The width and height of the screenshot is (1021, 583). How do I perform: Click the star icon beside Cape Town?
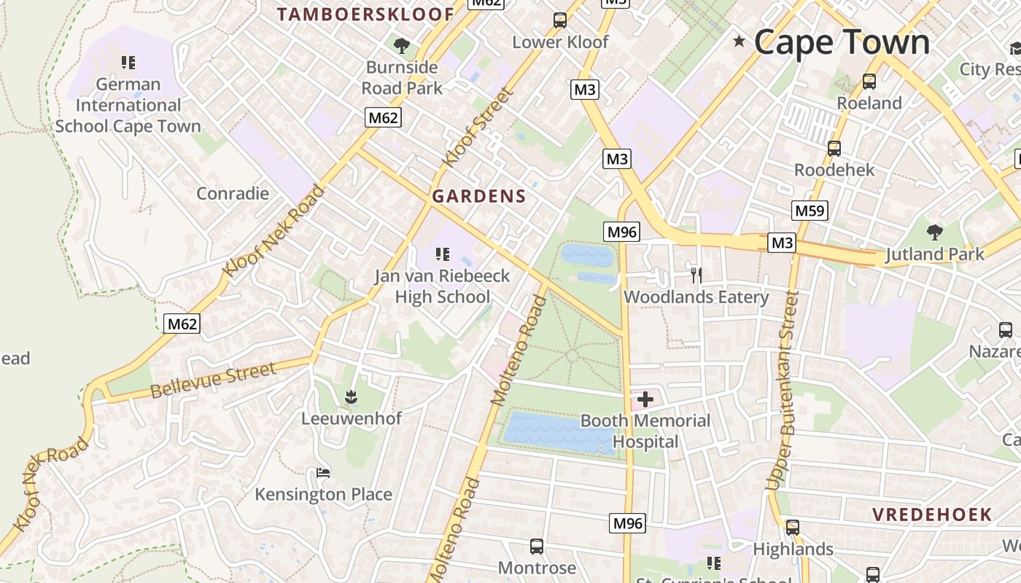(x=739, y=42)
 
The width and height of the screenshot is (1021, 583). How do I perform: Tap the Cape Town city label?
(x=842, y=42)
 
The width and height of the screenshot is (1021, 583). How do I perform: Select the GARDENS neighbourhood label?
(x=478, y=196)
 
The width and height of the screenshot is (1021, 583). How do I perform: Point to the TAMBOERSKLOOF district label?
(x=365, y=15)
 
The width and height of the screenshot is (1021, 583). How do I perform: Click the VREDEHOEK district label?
(x=932, y=514)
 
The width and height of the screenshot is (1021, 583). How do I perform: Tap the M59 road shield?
(x=810, y=211)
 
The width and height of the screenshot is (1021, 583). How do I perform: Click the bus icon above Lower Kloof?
(x=559, y=20)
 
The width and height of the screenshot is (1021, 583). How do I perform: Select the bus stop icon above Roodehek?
(x=834, y=149)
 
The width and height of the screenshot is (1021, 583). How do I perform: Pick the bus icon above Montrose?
(x=536, y=546)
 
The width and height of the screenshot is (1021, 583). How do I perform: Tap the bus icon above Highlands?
(x=793, y=527)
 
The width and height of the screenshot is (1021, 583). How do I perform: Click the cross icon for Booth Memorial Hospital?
(x=645, y=399)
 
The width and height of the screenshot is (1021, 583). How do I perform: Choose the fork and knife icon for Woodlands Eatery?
(x=696, y=275)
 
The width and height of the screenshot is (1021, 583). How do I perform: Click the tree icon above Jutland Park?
(x=934, y=232)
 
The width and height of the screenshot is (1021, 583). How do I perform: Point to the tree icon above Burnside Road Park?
(x=401, y=46)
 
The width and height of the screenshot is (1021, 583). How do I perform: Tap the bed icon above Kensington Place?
(x=323, y=473)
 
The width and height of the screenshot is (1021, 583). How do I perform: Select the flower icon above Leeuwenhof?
(x=351, y=397)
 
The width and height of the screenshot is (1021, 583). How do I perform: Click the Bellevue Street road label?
(x=213, y=380)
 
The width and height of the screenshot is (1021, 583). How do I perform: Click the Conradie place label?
(x=233, y=193)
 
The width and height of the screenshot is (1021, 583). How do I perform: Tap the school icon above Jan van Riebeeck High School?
(x=442, y=254)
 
